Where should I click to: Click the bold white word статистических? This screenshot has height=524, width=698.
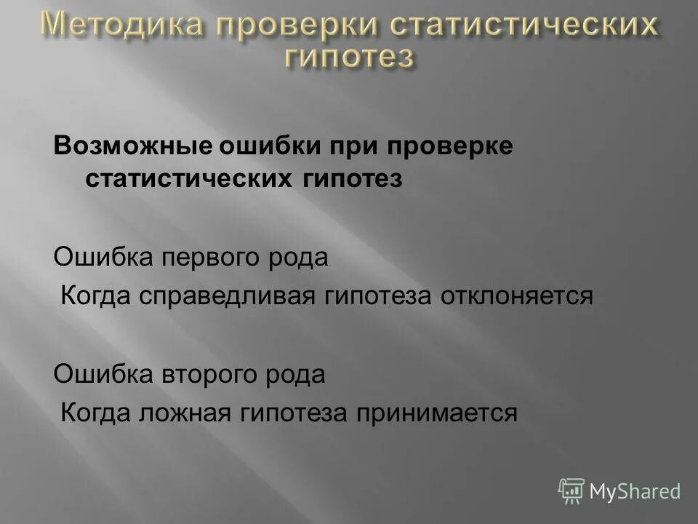[188, 179]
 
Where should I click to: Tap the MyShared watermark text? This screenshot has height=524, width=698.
[635, 491]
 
